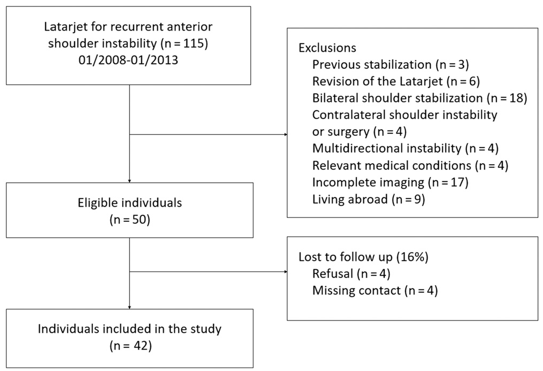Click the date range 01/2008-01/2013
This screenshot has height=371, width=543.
point(128,60)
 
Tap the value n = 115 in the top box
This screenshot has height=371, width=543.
point(184,43)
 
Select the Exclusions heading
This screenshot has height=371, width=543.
point(327,47)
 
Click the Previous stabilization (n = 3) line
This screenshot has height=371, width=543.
point(390,64)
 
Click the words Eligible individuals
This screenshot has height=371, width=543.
point(129,202)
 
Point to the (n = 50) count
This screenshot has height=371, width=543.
point(129,220)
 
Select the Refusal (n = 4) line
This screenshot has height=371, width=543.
point(351,274)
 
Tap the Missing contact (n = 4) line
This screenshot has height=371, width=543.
point(375,290)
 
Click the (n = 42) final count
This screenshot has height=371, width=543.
point(130,346)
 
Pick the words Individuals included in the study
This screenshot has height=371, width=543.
point(129,329)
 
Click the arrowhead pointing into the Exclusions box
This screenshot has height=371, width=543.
point(285,134)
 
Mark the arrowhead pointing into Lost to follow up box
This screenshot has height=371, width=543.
point(285,272)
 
